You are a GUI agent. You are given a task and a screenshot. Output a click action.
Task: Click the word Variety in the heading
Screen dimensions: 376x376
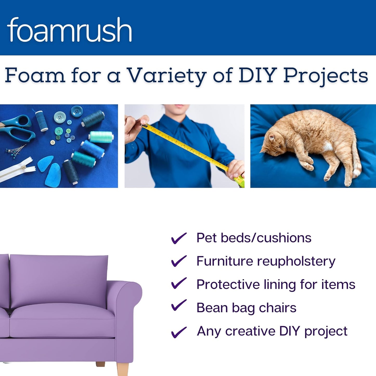pyautogui.click(x=167, y=75)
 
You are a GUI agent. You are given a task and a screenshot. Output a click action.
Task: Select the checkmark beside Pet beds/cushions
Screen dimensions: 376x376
pyautogui.click(x=179, y=238)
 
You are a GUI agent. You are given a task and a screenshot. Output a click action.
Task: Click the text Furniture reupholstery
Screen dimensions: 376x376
pyautogui.click(x=266, y=261)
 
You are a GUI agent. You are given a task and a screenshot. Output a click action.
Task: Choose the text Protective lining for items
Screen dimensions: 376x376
pyautogui.click(x=276, y=284)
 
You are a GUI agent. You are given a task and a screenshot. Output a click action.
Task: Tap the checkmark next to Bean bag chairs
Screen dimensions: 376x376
pyautogui.click(x=179, y=305)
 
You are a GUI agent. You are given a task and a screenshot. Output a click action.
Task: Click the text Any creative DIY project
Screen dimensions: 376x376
pyautogui.click(x=272, y=331)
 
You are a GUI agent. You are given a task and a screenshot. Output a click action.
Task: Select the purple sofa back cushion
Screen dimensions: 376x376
pyautogui.click(x=59, y=280)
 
